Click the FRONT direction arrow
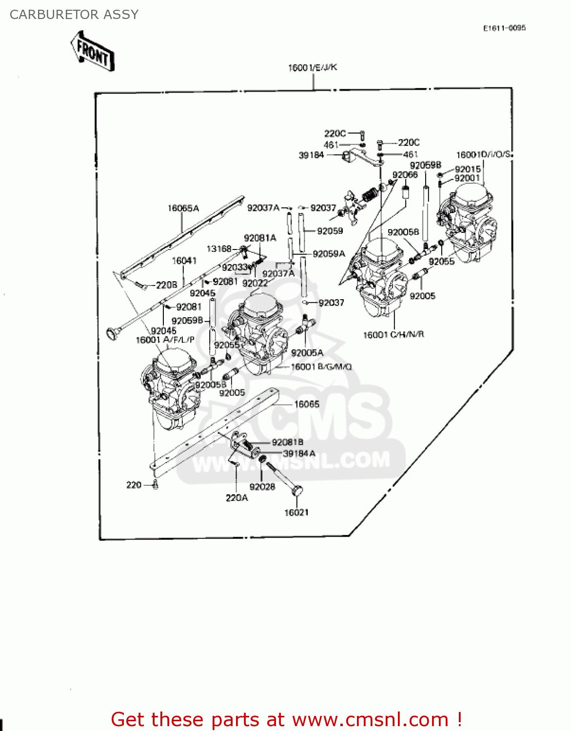[x=92, y=51]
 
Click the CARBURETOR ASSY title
[x=74, y=15]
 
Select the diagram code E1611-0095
[x=504, y=28]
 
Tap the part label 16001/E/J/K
[x=313, y=67]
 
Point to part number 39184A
[x=299, y=454]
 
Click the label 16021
[x=296, y=512]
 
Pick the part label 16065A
[x=183, y=208]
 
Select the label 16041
[x=184, y=261]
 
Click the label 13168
[x=219, y=249]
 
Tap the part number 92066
[x=405, y=174]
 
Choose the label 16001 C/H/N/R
[x=394, y=334]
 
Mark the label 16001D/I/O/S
[x=483, y=154]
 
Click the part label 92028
[x=262, y=486]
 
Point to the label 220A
[x=236, y=498]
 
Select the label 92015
[x=468, y=169]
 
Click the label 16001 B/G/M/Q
[x=321, y=366]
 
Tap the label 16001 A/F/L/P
[x=165, y=340]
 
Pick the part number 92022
[x=255, y=283]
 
